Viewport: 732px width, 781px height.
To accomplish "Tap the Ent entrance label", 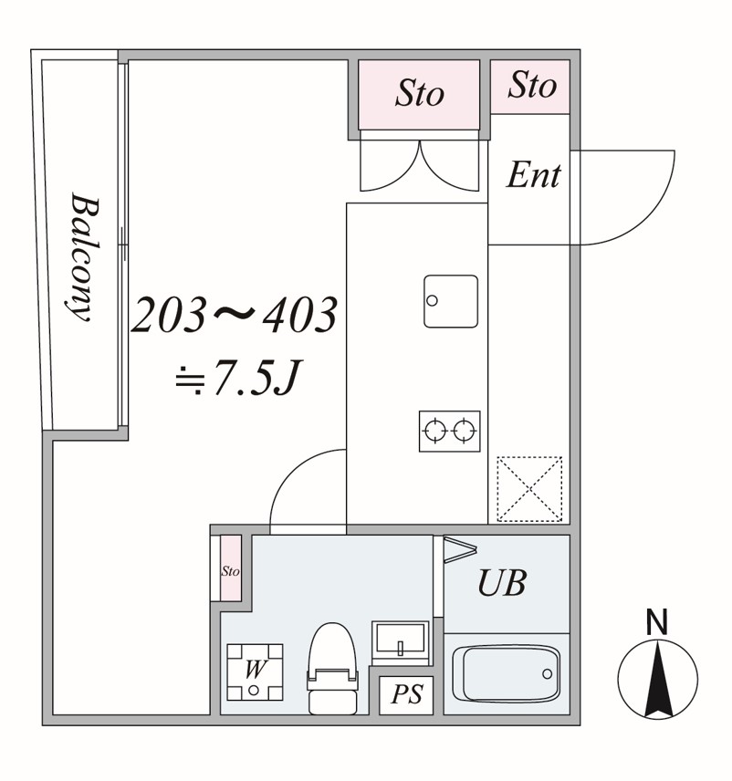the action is [533, 175].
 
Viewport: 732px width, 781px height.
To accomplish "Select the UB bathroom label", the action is [502, 583].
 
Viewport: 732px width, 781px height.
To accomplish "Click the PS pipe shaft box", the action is [406, 695].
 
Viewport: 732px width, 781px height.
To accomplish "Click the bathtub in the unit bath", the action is [506, 674].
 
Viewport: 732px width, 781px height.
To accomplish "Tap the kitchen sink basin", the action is [451, 301].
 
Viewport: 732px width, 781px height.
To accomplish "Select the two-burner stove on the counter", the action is [449, 431].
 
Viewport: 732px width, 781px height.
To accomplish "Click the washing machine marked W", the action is [255, 672].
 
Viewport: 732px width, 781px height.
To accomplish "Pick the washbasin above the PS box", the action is [400, 642].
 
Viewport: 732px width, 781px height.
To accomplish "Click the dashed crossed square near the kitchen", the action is [529, 489].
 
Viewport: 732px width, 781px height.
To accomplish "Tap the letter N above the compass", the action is [657, 622].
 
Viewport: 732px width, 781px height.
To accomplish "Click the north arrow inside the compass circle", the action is [657, 679].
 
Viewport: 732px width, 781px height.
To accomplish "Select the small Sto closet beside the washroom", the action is [231, 568].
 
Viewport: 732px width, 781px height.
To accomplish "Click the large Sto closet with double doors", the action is [419, 94].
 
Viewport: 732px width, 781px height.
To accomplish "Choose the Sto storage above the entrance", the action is [530, 86].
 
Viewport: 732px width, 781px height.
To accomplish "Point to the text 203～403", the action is [235, 315].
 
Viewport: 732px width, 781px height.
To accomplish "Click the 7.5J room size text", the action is [239, 377].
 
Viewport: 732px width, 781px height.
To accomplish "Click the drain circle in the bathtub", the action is [547, 674].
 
